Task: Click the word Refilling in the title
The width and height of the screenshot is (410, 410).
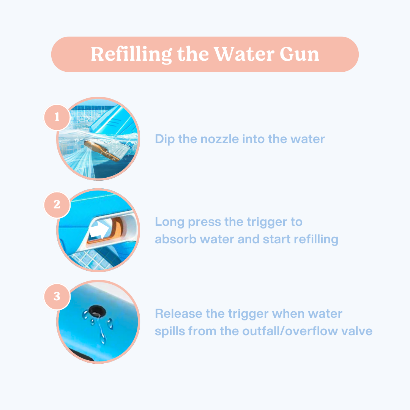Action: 131,54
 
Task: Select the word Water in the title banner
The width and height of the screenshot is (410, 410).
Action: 245,54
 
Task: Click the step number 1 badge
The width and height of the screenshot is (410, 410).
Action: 57,117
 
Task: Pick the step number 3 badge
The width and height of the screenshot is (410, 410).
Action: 57,296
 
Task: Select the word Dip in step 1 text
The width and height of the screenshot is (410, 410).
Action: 165,139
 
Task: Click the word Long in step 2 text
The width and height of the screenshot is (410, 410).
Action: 169,222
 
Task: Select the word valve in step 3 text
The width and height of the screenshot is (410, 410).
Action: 358,331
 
